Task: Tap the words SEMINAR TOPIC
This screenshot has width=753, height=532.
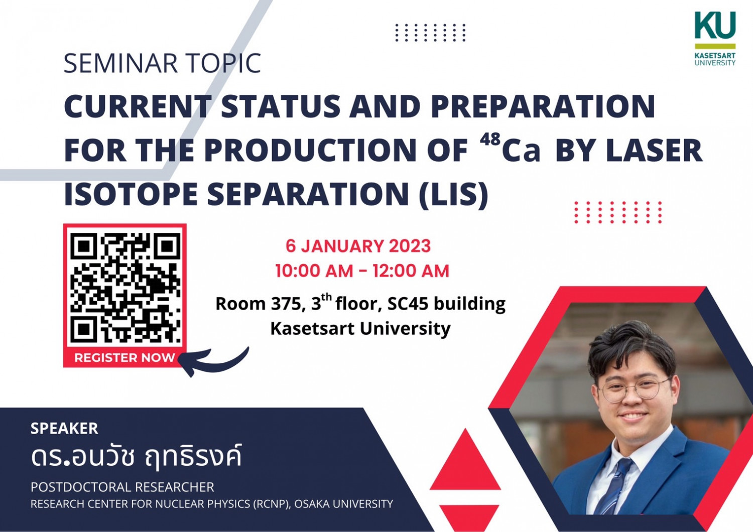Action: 162,63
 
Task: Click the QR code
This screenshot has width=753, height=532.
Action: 125,288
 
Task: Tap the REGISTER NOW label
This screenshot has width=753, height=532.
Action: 124,357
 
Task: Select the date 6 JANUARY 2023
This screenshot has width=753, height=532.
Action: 358,246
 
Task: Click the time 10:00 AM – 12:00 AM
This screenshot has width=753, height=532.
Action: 362,271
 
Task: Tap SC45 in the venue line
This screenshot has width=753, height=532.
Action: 408,304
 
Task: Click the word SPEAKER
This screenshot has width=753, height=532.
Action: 64,429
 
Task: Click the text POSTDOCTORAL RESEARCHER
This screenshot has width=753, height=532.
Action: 122,487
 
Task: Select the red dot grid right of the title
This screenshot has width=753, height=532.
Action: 618,212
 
